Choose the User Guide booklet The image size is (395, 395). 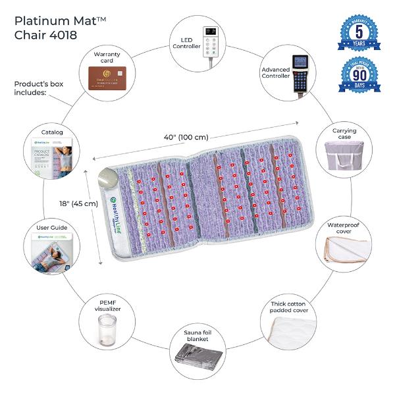point(50,252)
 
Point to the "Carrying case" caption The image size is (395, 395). point(344,135)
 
